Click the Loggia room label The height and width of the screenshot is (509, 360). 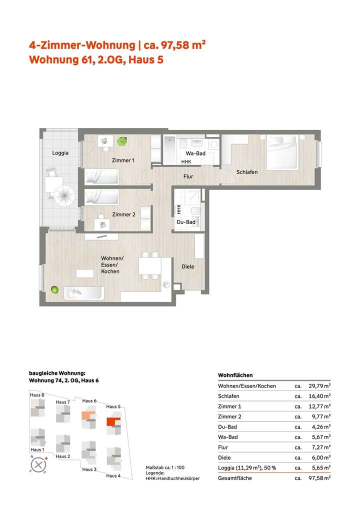point(60,153)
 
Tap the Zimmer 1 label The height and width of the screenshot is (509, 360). point(122,160)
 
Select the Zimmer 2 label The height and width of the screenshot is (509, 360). point(123,214)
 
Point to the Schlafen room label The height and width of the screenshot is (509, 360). point(247,172)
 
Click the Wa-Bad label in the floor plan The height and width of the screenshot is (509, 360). point(195,153)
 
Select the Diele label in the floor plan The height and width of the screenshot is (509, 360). point(188,266)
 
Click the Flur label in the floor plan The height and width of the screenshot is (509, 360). point(188,176)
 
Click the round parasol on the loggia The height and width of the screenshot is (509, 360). point(64,195)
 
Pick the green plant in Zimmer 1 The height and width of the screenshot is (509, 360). point(121,141)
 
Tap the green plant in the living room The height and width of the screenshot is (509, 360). point(54,289)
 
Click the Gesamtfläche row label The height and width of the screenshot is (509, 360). point(235,478)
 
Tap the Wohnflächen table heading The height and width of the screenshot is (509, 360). point(235,375)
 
